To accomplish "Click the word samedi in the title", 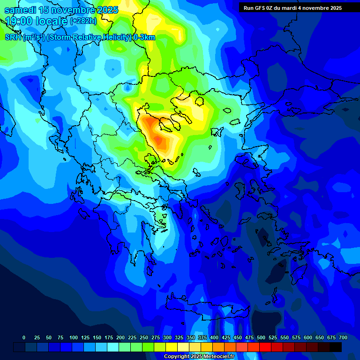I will click(20, 10).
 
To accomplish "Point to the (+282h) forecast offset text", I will click(83, 21).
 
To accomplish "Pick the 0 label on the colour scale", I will click(24, 337).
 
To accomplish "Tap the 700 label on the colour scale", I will click(343, 337).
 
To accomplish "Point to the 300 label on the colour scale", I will click(167, 337).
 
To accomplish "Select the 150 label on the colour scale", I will click(97, 337).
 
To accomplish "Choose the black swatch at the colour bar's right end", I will click(336, 347).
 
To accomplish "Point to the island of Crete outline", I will click(206, 307).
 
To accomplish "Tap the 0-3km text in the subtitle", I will click(144, 37).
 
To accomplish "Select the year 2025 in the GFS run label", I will click(333, 8).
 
